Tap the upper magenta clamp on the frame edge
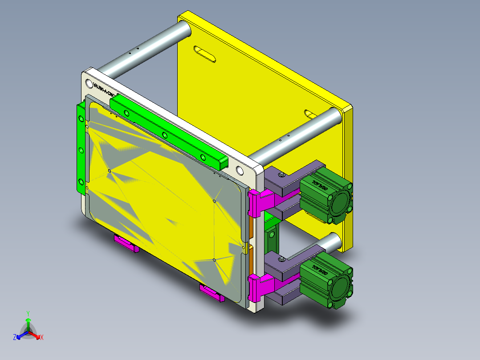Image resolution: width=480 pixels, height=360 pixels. tap(260, 200)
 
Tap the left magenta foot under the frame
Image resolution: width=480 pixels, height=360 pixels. tap(126, 244)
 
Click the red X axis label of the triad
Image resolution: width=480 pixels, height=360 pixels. tap(42, 337)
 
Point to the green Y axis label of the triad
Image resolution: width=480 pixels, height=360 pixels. tap(28, 313)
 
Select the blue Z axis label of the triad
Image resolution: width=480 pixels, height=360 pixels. tap(15, 337)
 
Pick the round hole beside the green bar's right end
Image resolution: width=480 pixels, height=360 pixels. tap(240, 170)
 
